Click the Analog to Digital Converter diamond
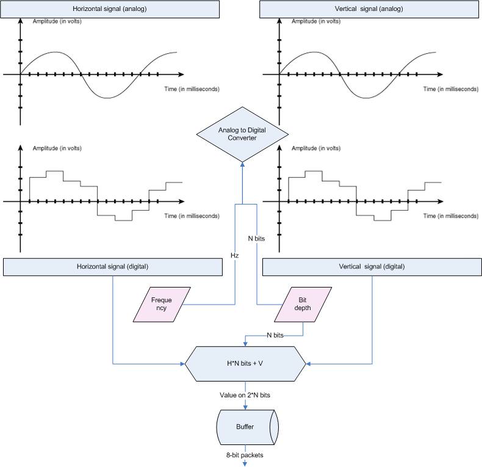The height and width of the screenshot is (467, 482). [x=242, y=135]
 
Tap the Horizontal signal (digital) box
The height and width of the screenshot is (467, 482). [x=113, y=267]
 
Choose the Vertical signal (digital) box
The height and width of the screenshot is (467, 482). [x=371, y=267]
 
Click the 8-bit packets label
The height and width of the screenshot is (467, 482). [x=245, y=454]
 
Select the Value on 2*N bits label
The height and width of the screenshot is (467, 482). [x=245, y=395]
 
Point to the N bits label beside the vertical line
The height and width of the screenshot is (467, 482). [x=256, y=239]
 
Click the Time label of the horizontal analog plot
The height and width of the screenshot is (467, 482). [x=191, y=89]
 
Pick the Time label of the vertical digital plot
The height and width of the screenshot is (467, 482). [x=451, y=216]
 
